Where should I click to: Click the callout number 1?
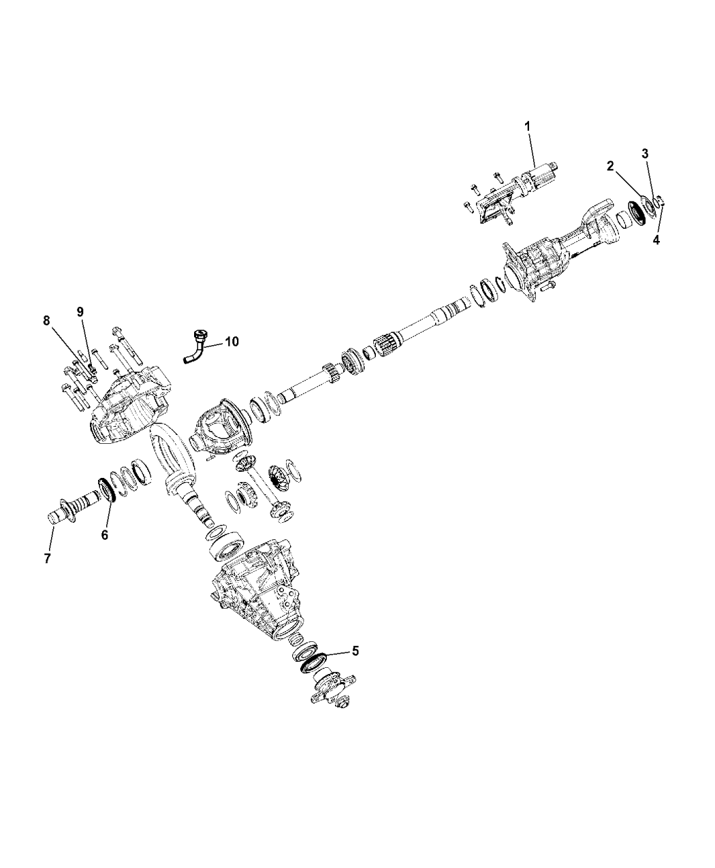[x=526, y=127]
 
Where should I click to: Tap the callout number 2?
[x=611, y=165]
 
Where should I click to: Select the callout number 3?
[x=645, y=153]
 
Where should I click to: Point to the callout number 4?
[x=656, y=240]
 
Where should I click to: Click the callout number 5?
[x=354, y=651]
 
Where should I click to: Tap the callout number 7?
[x=48, y=558]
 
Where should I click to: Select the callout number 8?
[x=47, y=320]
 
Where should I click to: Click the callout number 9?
[x=80, y=311]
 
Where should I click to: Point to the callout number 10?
[x=232, y=342]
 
